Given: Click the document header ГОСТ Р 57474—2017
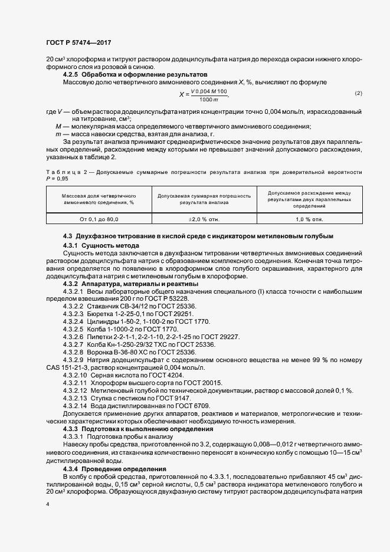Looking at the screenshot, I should (78, 42).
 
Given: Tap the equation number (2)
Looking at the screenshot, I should (358, 94).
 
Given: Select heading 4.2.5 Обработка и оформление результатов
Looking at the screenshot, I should (135, 75).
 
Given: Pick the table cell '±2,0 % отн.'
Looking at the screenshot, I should (204, 219).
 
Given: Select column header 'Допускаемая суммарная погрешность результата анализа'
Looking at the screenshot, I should (204, 198).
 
